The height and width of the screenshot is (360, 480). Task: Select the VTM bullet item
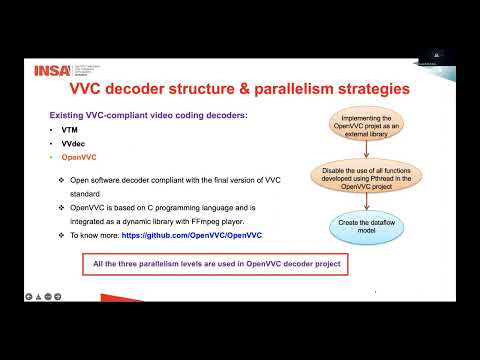point(68,131)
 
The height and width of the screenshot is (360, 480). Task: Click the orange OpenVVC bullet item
point(78,160)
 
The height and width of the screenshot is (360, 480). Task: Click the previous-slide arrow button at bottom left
point(30,296)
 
